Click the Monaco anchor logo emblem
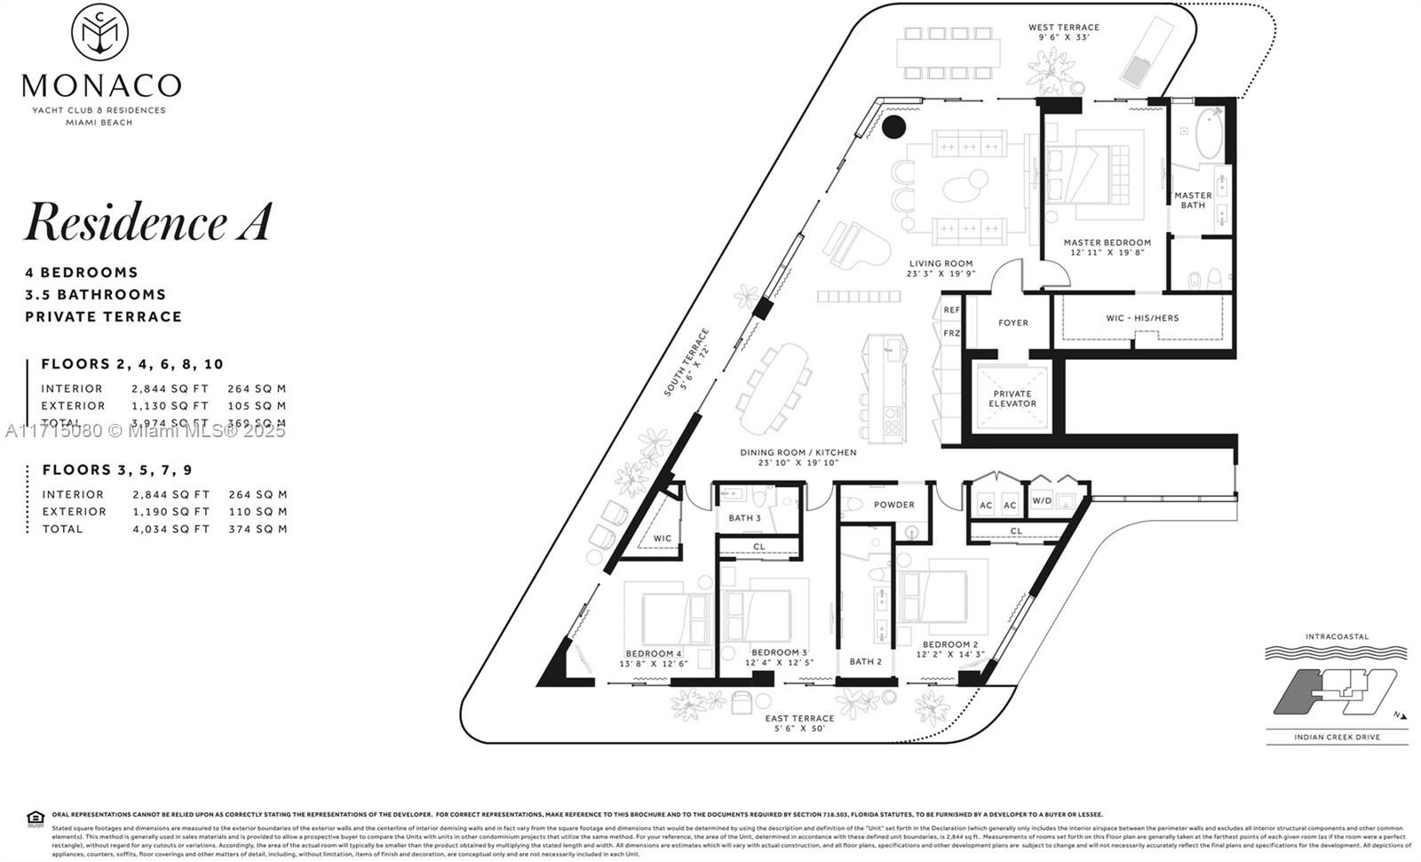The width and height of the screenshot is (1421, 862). [99, 32]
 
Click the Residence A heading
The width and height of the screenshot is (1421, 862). [147, 222]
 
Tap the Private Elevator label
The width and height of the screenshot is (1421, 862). [1012, 399]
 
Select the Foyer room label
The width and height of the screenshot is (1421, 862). [1012, 323]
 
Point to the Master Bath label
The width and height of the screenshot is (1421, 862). [1193, 200]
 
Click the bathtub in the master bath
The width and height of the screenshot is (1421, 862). [1209, 133]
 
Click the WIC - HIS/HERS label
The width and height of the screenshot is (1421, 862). [1142, 317]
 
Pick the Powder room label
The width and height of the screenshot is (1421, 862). [893, 505]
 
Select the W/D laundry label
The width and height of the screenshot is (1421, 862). [1042, 501]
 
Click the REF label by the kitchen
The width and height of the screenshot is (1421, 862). [952, 310]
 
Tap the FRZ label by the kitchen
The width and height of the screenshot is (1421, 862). [952, 333]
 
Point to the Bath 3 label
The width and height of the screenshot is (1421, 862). [744, 518]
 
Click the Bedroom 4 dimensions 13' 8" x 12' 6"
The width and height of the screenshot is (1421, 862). [654, 664]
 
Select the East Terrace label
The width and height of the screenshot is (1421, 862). [800, 718]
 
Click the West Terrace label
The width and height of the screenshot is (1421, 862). [1064, 28]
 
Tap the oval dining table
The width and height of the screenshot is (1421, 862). [774, 387]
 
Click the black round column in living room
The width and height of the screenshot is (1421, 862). [893, 127]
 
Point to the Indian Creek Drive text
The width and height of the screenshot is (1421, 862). [1337, 737]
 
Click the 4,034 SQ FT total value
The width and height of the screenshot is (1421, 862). [171, 529]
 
